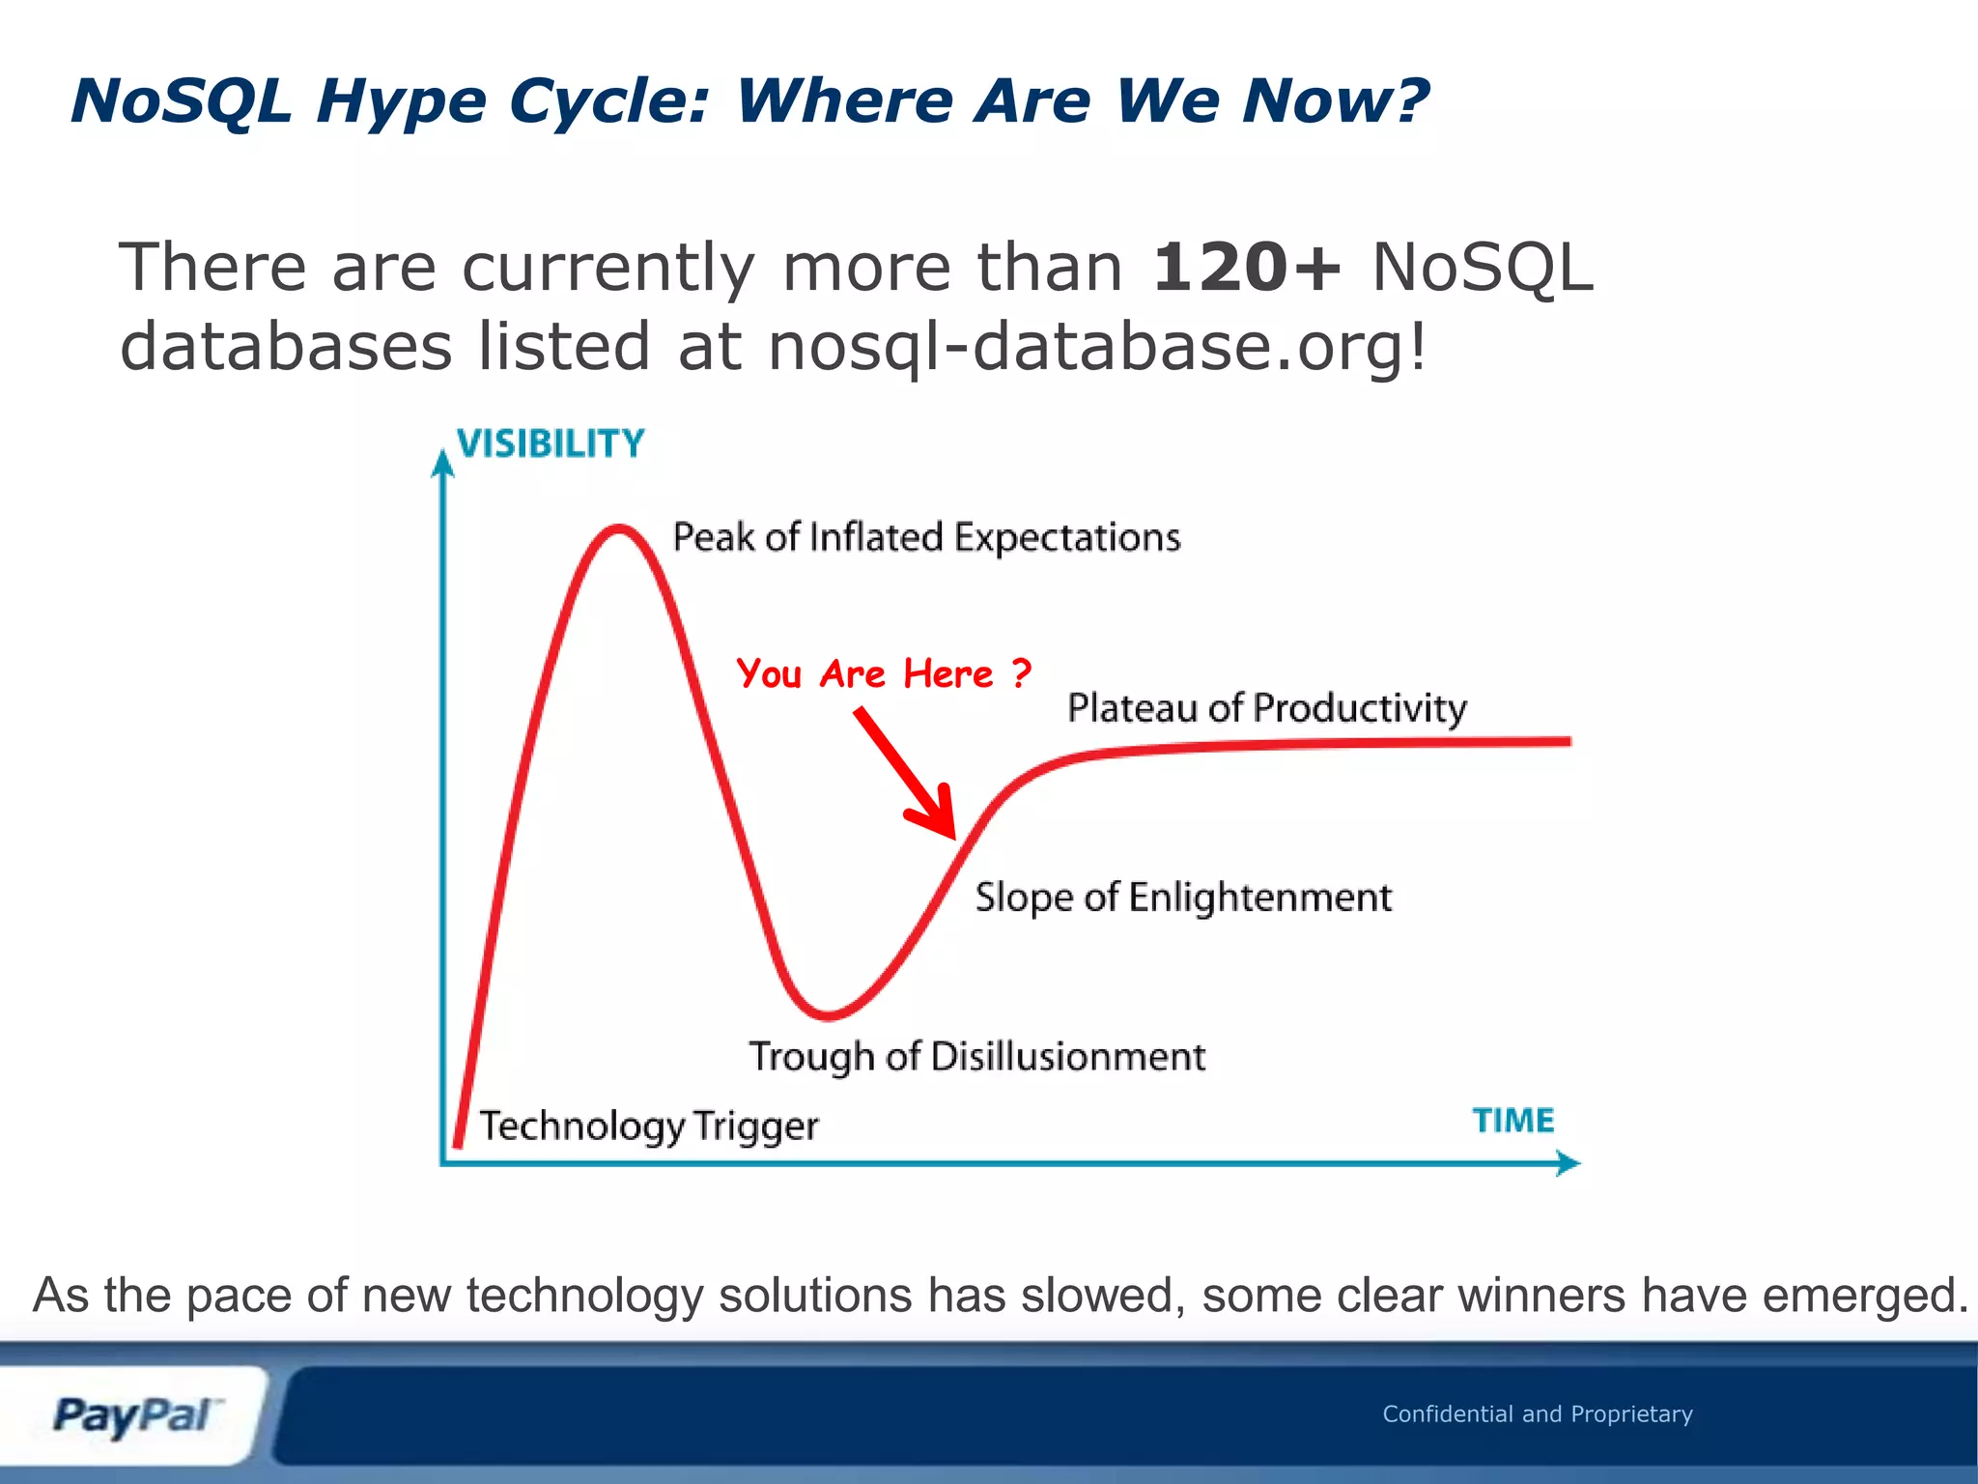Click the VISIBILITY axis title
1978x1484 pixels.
[550, 443]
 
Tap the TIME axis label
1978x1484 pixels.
[1512, 1120]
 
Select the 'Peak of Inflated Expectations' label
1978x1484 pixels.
[926, 537]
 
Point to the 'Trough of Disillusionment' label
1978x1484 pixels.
[977, 1056]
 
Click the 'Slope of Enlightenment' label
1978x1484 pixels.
[1183, 898]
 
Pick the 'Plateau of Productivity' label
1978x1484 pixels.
[1266, 708]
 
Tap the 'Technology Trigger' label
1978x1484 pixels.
[649, 1126]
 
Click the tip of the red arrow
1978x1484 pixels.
[953, 836]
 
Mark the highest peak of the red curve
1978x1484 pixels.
[618, 528]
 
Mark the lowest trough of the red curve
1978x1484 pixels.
[828, 1015]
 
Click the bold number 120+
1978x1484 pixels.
[1247, 268]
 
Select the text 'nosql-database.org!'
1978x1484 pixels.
[1097, 347]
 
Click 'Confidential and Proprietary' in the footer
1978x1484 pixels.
[1537, 1413]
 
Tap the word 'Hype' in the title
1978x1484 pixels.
[401, 101]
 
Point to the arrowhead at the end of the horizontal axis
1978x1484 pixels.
[1568, 1163]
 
